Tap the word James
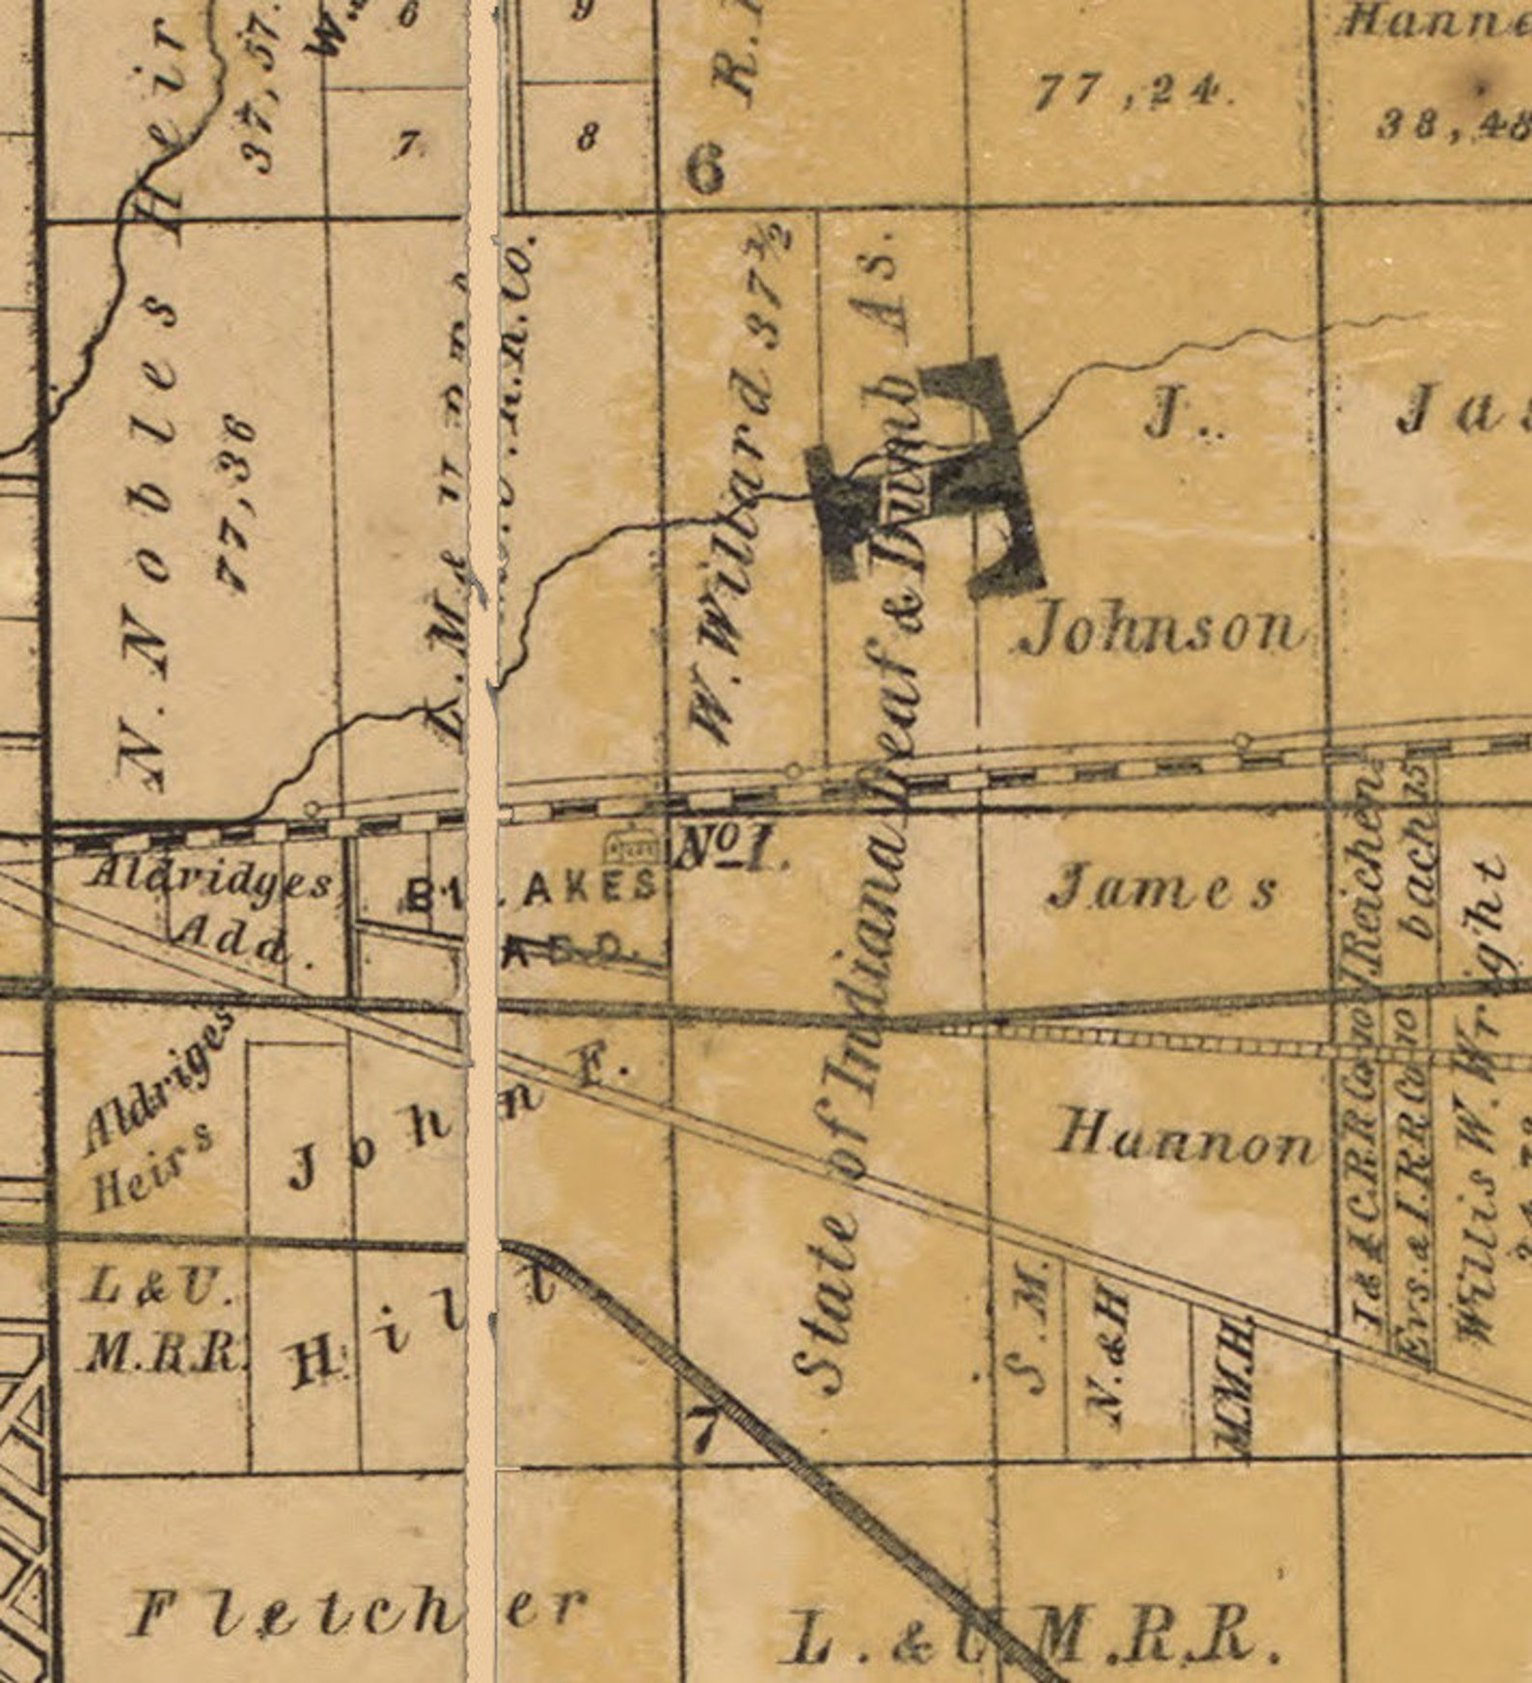coord(1163,888)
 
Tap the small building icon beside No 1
coord(632,846)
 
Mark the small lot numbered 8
coord(586,138)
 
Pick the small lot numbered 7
coord(407,145)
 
